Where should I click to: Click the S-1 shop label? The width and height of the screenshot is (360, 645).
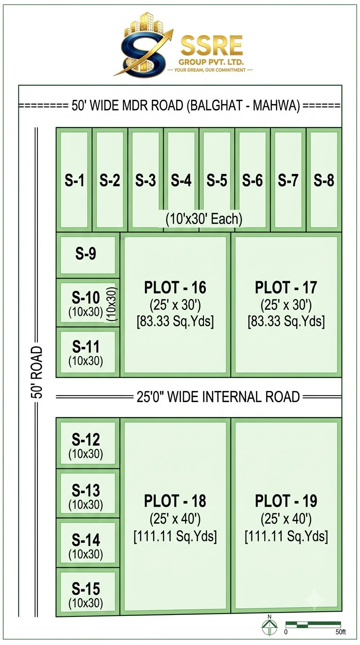tap(75, 180)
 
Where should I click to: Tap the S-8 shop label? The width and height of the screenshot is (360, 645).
tap(324, 180)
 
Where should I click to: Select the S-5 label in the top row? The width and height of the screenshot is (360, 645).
tap(217, 180)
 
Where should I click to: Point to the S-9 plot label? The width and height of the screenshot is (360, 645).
tap(85, 254)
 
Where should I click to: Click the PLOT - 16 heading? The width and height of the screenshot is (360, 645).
tap(175, 287)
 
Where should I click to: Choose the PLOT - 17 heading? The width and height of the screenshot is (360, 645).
tap(286, 287)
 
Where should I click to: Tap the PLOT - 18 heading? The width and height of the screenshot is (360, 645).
tap(175, 501)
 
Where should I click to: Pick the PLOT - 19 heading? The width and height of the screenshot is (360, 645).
tap(286, 501)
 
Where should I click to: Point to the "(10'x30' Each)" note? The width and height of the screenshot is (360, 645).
tap(204, 219)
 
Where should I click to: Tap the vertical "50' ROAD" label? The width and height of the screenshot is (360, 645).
tap(37, 372)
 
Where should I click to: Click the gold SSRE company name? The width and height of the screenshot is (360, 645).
tap(212, 46)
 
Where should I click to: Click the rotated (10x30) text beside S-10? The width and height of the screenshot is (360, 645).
tap(112, 304)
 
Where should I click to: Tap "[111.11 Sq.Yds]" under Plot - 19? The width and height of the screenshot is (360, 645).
tap(286, 536)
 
